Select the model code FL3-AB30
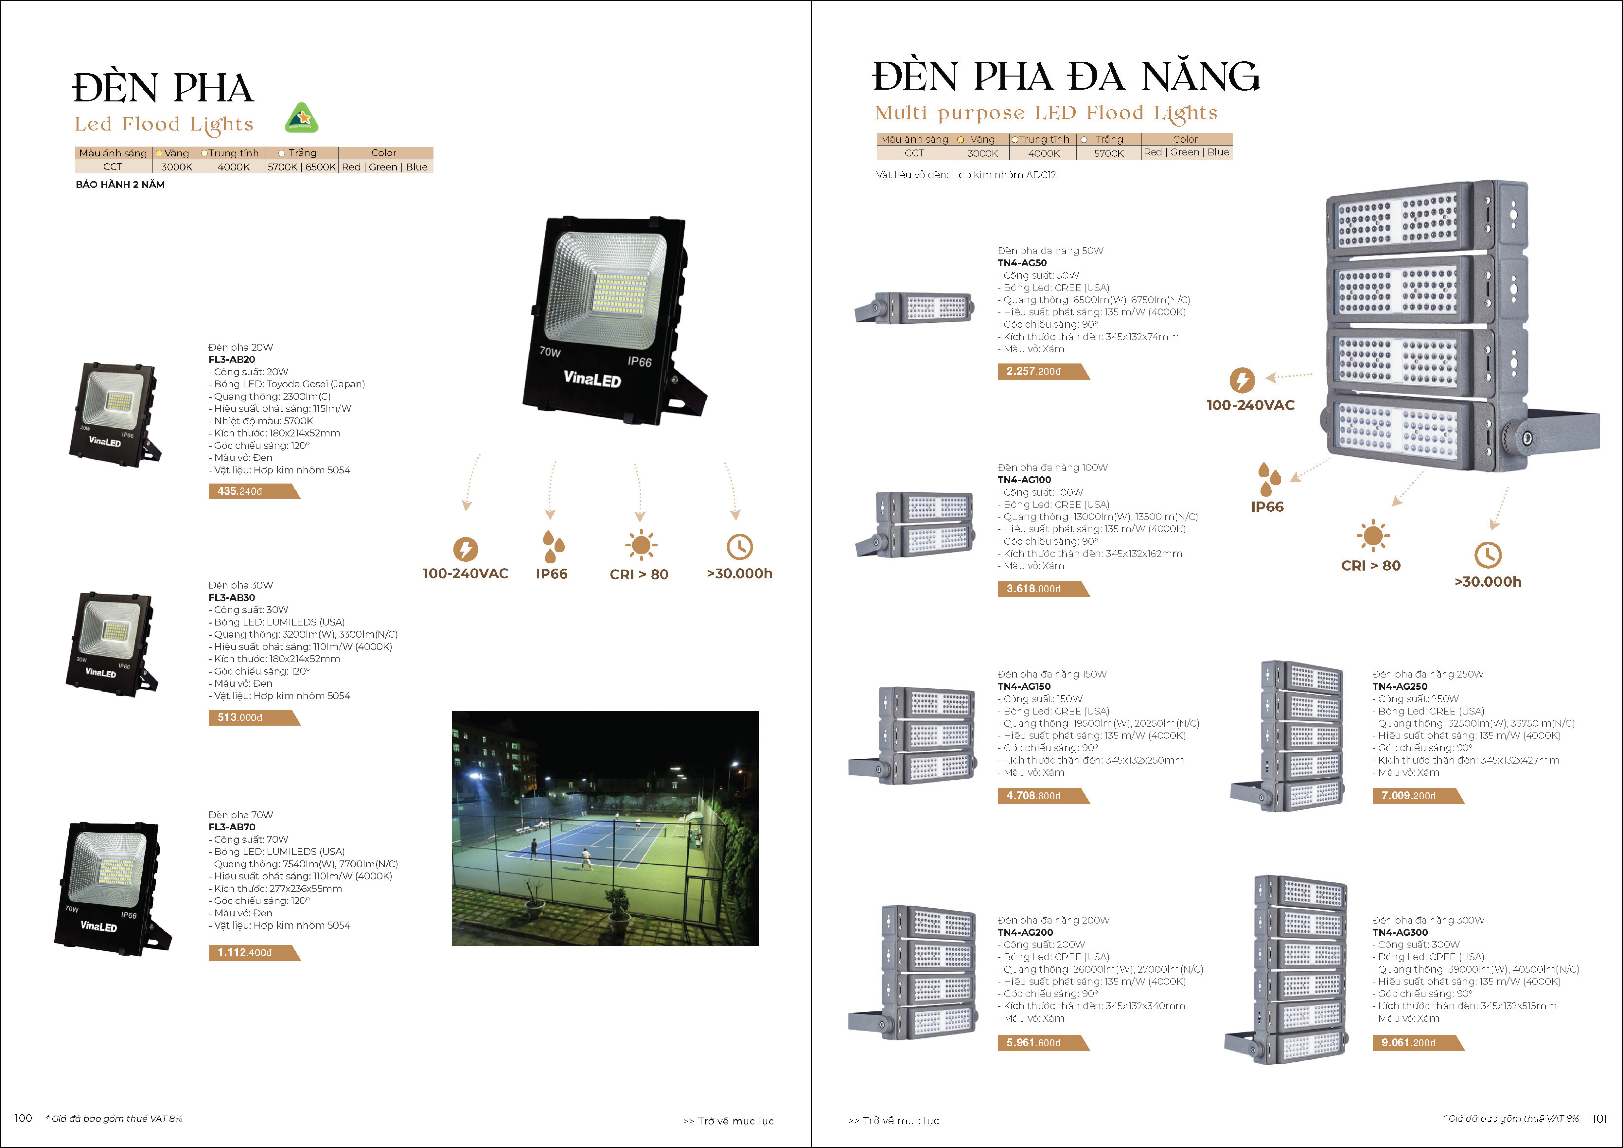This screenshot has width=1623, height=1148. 232,597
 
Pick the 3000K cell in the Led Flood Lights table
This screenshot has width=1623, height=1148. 176,167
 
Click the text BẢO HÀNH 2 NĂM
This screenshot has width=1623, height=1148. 120,185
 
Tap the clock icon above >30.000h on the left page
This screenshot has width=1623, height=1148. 739,546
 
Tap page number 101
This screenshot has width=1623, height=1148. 1599,1118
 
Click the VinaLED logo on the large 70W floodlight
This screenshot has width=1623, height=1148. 592,379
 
